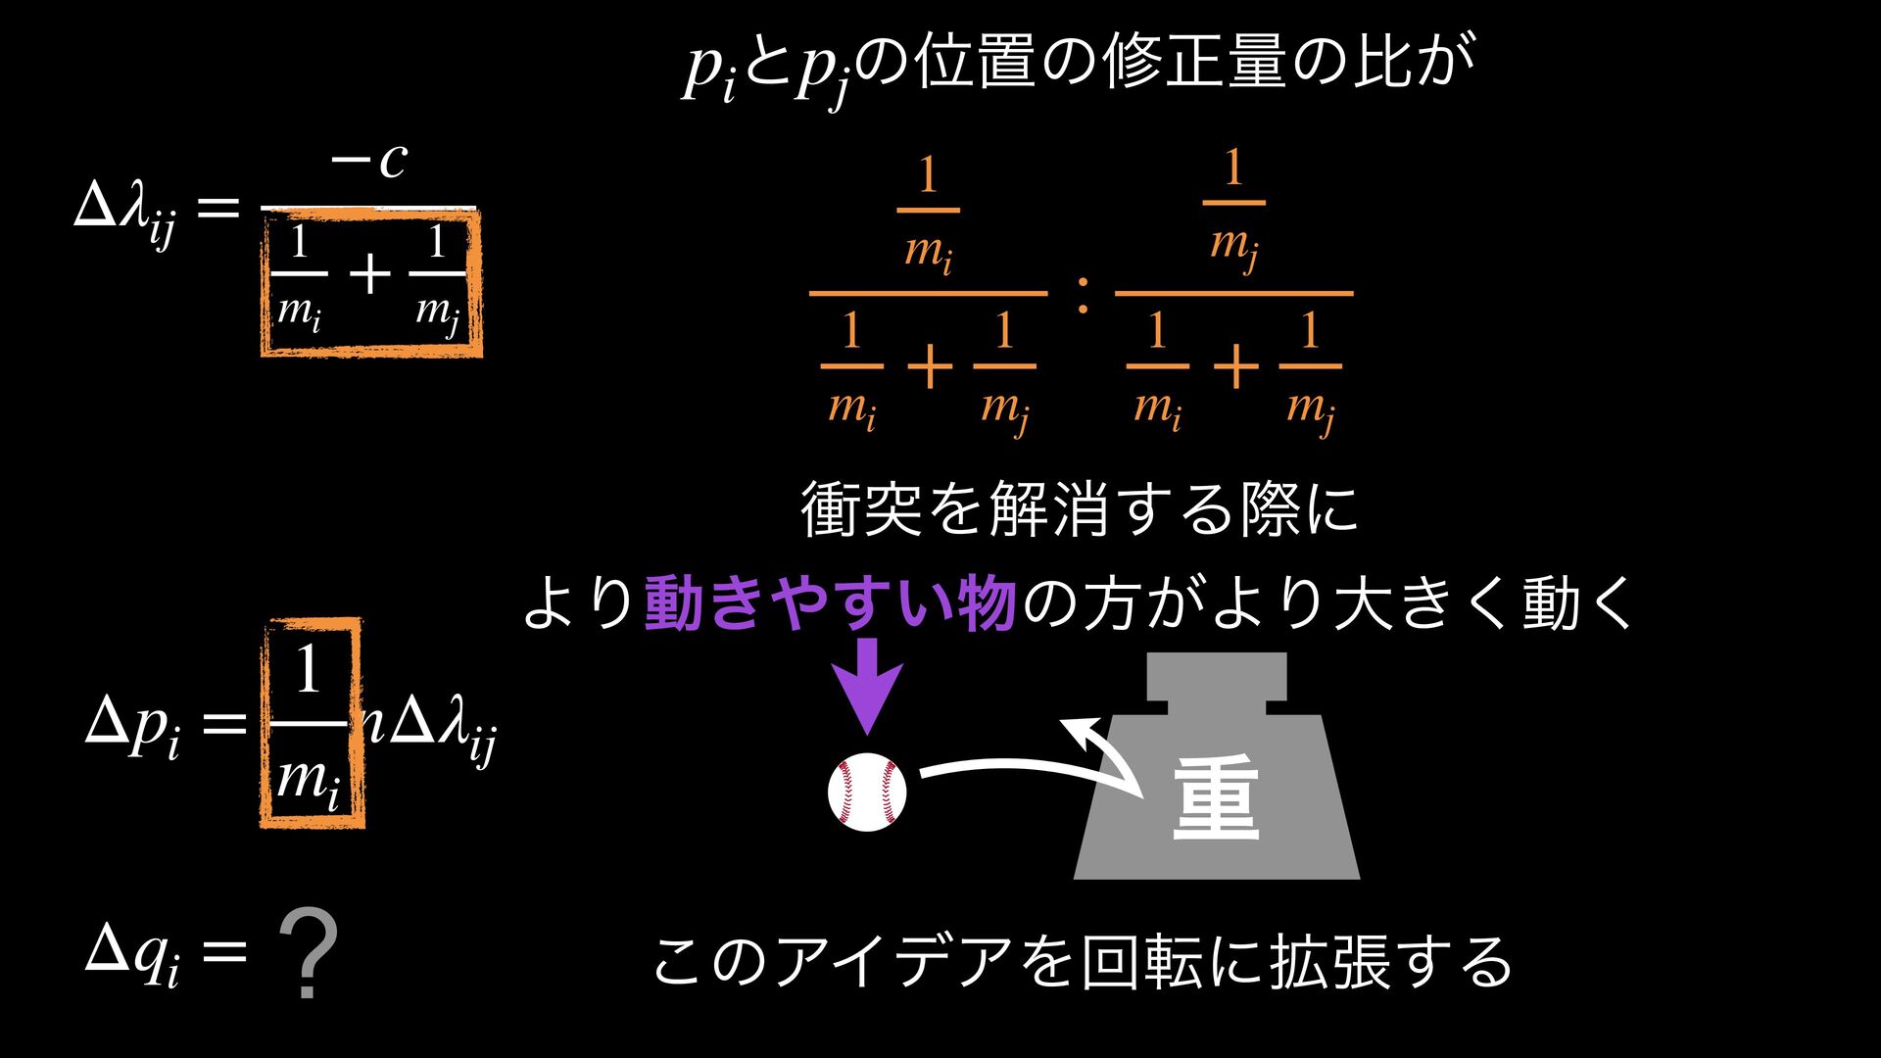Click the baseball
tap(866, 793)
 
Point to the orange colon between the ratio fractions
tap(1082, 295)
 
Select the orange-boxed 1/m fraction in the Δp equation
tap(310, 723)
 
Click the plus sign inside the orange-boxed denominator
tap(369, 275)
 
